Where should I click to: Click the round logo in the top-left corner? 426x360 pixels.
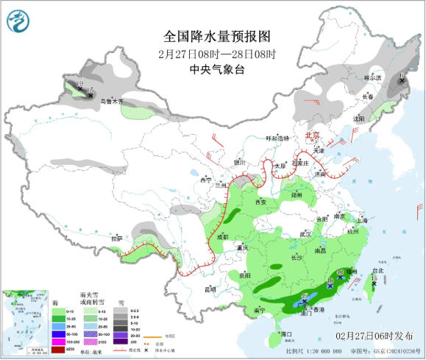coord(19,19)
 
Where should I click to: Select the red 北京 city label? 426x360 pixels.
coord(313,135)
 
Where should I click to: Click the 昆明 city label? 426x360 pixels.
coord(210,289)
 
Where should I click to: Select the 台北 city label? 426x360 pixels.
coord(377,270)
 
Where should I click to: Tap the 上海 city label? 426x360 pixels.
coord(362,220)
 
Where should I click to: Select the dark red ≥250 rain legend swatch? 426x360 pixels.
coord(58,349)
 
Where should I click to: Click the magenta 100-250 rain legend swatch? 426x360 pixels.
coord(58,342)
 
